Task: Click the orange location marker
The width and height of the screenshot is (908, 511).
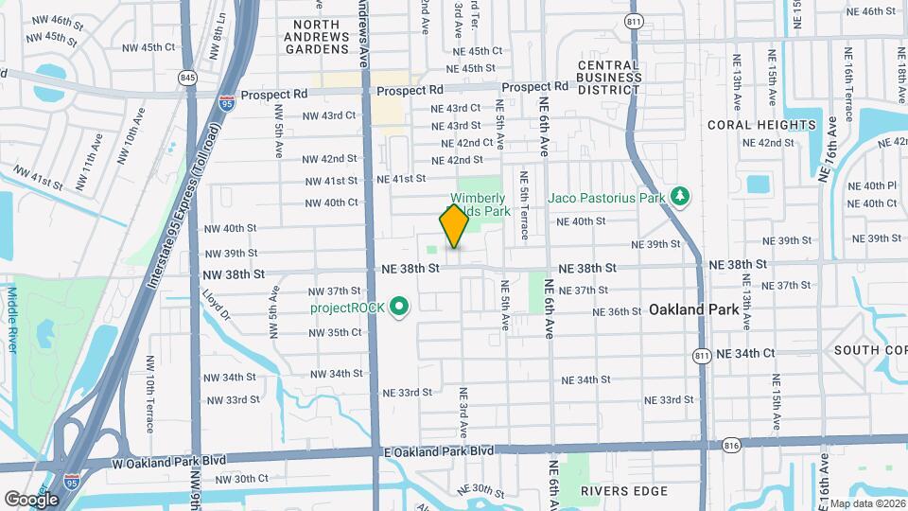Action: point(454,226)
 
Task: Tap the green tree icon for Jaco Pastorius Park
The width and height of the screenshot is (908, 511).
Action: point(679,196)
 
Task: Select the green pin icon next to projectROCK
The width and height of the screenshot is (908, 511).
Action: point(399,307)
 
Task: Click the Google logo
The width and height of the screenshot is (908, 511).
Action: point(31,499)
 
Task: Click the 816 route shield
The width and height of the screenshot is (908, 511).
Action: point(730,444)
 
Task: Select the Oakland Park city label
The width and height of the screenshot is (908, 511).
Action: point(691,309)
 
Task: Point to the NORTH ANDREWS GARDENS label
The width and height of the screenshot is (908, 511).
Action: point(329,37)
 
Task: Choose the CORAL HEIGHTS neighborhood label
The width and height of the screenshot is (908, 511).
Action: point(761,125)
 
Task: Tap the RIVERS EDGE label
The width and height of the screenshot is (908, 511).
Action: point(624,491)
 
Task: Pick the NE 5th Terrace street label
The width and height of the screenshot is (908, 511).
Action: point(522,205)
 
